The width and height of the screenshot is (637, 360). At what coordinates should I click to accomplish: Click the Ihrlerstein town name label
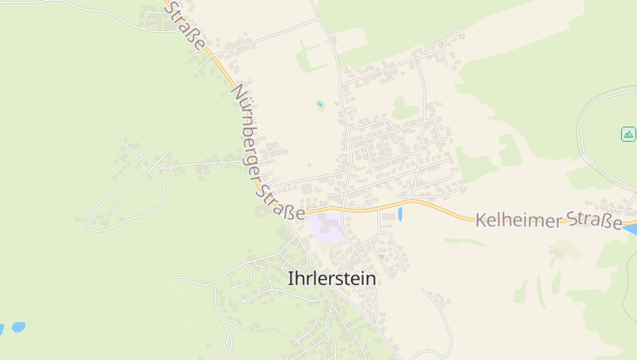331,280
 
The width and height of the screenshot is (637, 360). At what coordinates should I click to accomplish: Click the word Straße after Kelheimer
596,222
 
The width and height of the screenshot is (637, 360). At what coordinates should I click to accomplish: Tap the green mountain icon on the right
628,134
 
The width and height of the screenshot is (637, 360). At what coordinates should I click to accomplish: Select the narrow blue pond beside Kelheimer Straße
400,213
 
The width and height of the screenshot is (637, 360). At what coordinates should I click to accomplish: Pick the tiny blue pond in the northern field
320,104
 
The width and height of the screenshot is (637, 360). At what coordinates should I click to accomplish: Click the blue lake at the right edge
631,229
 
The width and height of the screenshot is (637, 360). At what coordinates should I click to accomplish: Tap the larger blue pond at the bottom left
18,327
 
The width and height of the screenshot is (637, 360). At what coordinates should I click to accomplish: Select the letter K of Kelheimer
482,220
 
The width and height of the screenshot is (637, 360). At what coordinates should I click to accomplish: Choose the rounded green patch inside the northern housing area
404,108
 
